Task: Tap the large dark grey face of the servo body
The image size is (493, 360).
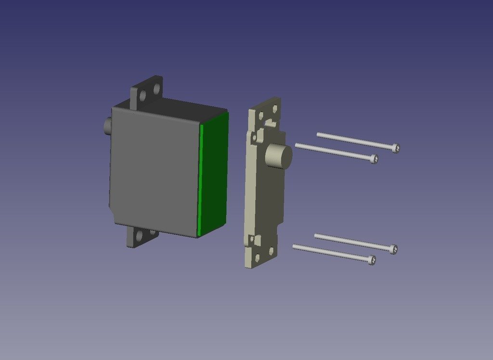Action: (154, 168)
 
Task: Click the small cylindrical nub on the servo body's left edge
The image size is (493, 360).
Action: (107, 126)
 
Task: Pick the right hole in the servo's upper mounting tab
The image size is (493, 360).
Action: (156, 89)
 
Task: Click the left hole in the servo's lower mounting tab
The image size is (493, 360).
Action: (140, 236)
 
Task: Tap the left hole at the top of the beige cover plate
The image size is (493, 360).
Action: (261, 116)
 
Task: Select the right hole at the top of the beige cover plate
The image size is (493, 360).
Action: (274, 109)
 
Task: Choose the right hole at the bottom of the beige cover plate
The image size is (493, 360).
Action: (271, 251)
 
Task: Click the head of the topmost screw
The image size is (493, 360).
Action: (395, 148)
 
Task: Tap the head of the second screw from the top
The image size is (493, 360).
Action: (374, 159)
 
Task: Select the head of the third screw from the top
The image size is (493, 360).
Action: (393, 249)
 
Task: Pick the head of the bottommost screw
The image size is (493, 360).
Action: (371, 260)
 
